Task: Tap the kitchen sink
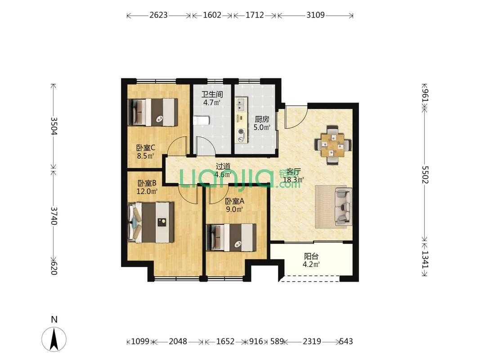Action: coord(240,104)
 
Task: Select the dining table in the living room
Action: coord(333,144)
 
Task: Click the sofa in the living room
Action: coord(344,207)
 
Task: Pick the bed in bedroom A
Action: coord(231,237)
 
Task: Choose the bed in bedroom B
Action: coord(151,222)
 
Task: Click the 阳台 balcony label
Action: coord(311,256)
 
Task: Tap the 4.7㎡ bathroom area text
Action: coord(212,103)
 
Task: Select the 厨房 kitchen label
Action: coord(262,119)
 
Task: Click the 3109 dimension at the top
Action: coord(315,15)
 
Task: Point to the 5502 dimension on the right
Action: coord(425,175)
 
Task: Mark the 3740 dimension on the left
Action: coord(54,216)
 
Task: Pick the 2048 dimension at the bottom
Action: coord(178,341)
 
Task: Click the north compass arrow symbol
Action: coord(54,339)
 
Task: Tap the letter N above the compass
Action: coord(54,319)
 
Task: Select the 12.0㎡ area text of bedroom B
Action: coord(147,192)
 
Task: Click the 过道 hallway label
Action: coord(223,166)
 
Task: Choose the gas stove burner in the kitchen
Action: coord(241,132)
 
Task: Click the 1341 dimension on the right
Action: coord(425,260)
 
